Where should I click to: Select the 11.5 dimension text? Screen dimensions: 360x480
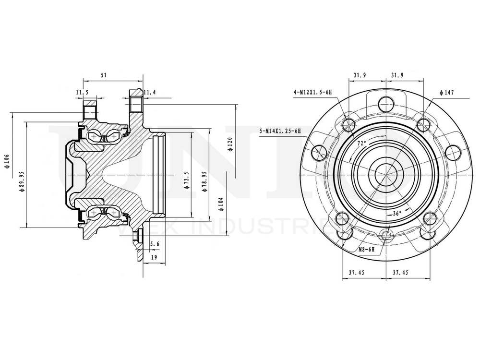82,92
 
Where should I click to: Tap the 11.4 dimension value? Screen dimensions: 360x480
150,92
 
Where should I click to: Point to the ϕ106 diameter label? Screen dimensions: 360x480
7,162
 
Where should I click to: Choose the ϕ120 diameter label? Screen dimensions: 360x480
230,144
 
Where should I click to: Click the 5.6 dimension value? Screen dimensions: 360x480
155,244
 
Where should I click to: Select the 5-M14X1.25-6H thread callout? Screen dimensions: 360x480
280,131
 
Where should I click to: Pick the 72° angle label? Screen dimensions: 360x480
361,143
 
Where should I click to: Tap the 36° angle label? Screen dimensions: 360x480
396,214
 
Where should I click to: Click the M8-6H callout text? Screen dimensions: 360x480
369,250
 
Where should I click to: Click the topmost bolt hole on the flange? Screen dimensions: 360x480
386,103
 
